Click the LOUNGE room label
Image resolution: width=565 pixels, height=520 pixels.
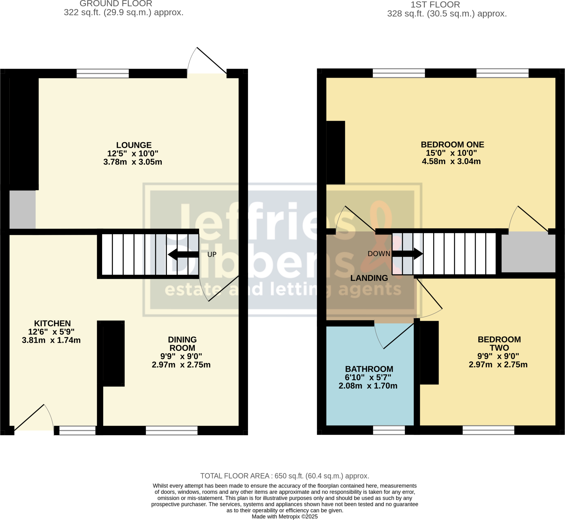coord(134,145)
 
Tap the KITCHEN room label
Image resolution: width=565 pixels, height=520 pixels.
coord(52,323)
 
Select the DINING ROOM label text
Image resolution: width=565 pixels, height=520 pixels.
coord(182,344)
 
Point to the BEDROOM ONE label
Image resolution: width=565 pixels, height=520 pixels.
coord(452,145)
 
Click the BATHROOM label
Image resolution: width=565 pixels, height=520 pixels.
coord(369,369)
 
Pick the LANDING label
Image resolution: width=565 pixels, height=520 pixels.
coord(369,278)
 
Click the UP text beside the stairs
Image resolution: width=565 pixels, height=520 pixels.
coord(212,254)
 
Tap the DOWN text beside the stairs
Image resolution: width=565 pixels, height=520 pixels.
coord(379,254)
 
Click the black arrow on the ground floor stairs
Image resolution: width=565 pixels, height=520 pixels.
coord(183,254)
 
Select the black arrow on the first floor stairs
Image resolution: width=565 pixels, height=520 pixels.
coord(407,254)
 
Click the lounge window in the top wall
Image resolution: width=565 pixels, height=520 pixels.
coord(103,73)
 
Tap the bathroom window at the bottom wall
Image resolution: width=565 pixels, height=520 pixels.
coord(388,430)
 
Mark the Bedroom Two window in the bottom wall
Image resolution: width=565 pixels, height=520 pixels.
coord(488,430)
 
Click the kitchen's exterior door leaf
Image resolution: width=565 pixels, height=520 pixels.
coord(29,417)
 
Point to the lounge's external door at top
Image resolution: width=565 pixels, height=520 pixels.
coord(212,60)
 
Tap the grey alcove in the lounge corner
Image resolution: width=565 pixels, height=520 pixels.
coord(23,209)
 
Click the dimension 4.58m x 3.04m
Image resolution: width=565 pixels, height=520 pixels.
coord(451,162)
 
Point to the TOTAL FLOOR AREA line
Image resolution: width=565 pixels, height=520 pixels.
coord(284,476)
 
